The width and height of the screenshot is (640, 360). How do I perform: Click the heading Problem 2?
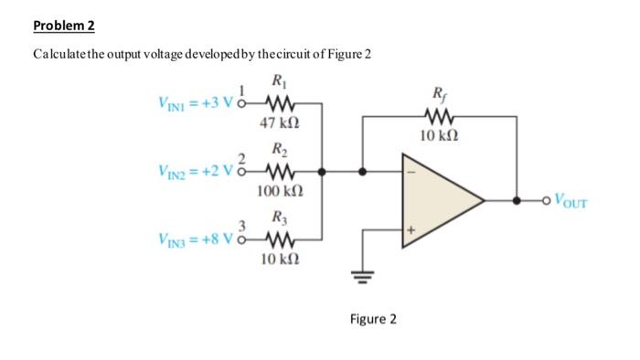[63, 25]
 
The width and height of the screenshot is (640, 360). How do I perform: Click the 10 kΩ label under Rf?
[439, 136]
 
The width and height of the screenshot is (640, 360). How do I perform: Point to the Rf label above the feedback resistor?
[439, 92]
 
